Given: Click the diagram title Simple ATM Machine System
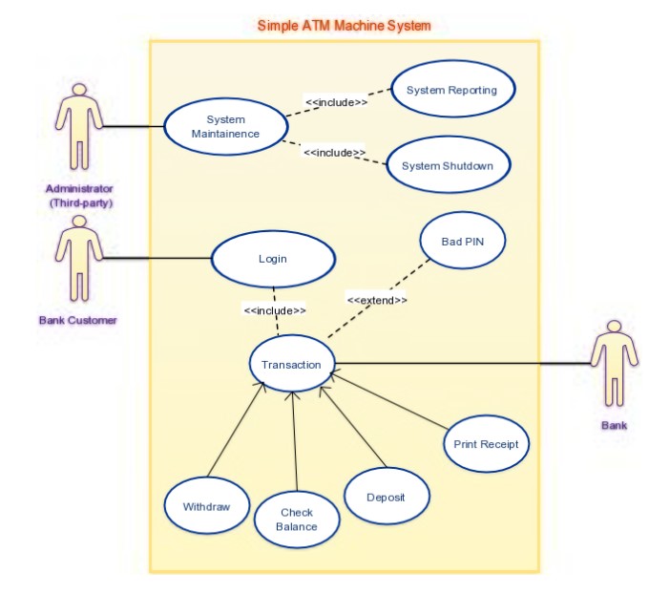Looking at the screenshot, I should point(344,25).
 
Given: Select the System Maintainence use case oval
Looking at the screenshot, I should point(225,127).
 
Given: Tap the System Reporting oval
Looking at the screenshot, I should point(451,90).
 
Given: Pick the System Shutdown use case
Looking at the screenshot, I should point(447,165).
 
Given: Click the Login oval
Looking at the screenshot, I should point(272,259).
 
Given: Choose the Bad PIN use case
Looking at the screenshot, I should point(463,242).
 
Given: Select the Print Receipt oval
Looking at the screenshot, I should point(486,443).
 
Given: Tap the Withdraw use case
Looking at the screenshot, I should point(206,506).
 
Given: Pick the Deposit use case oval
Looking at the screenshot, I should point(386,498).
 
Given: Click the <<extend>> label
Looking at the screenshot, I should point(377,300).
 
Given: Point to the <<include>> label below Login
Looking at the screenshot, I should point(275,310).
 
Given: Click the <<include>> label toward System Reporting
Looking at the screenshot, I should point(336,101).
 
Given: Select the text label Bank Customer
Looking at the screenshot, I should point(78,321).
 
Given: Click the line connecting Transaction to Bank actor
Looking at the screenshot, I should point(458,363).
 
